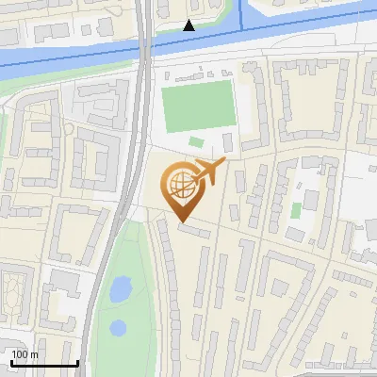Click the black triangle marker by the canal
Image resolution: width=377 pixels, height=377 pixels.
[189, 25]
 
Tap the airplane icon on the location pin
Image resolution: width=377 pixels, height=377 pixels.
[208, 172]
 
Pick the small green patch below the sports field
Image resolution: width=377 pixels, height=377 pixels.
[196, 142]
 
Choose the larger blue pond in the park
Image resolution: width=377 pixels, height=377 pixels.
[121, 289]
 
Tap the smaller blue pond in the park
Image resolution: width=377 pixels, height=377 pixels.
[118, 329]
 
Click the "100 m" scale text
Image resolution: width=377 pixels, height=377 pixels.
[25, 354]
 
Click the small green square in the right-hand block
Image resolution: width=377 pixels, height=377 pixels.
[296, 209]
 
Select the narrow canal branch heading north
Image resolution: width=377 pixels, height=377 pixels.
[241, 13]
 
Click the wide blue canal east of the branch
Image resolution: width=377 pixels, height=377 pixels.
[311, 21]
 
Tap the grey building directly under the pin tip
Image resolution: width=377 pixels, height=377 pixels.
[193, 229]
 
